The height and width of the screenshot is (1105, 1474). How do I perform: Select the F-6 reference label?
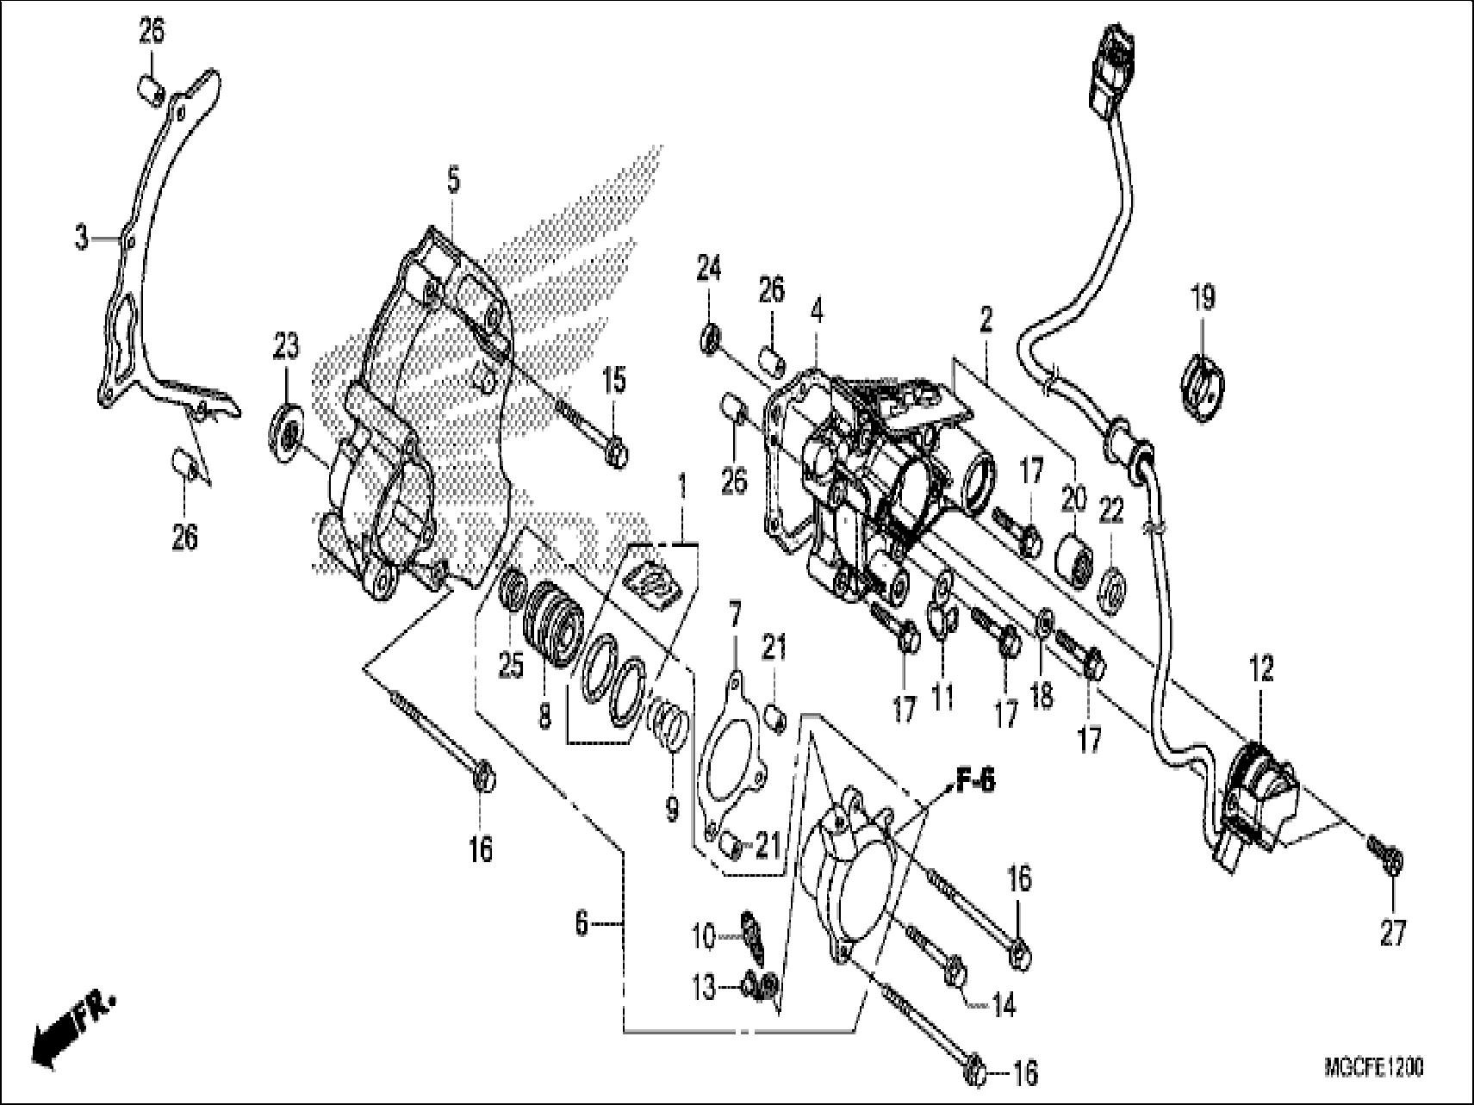(974, 784)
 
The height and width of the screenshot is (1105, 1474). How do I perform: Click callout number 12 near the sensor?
(1261, 669)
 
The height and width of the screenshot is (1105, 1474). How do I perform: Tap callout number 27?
(1393, 932)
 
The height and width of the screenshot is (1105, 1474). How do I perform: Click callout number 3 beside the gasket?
(81, 237)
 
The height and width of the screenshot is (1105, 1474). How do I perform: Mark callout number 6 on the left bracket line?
(582, 924)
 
